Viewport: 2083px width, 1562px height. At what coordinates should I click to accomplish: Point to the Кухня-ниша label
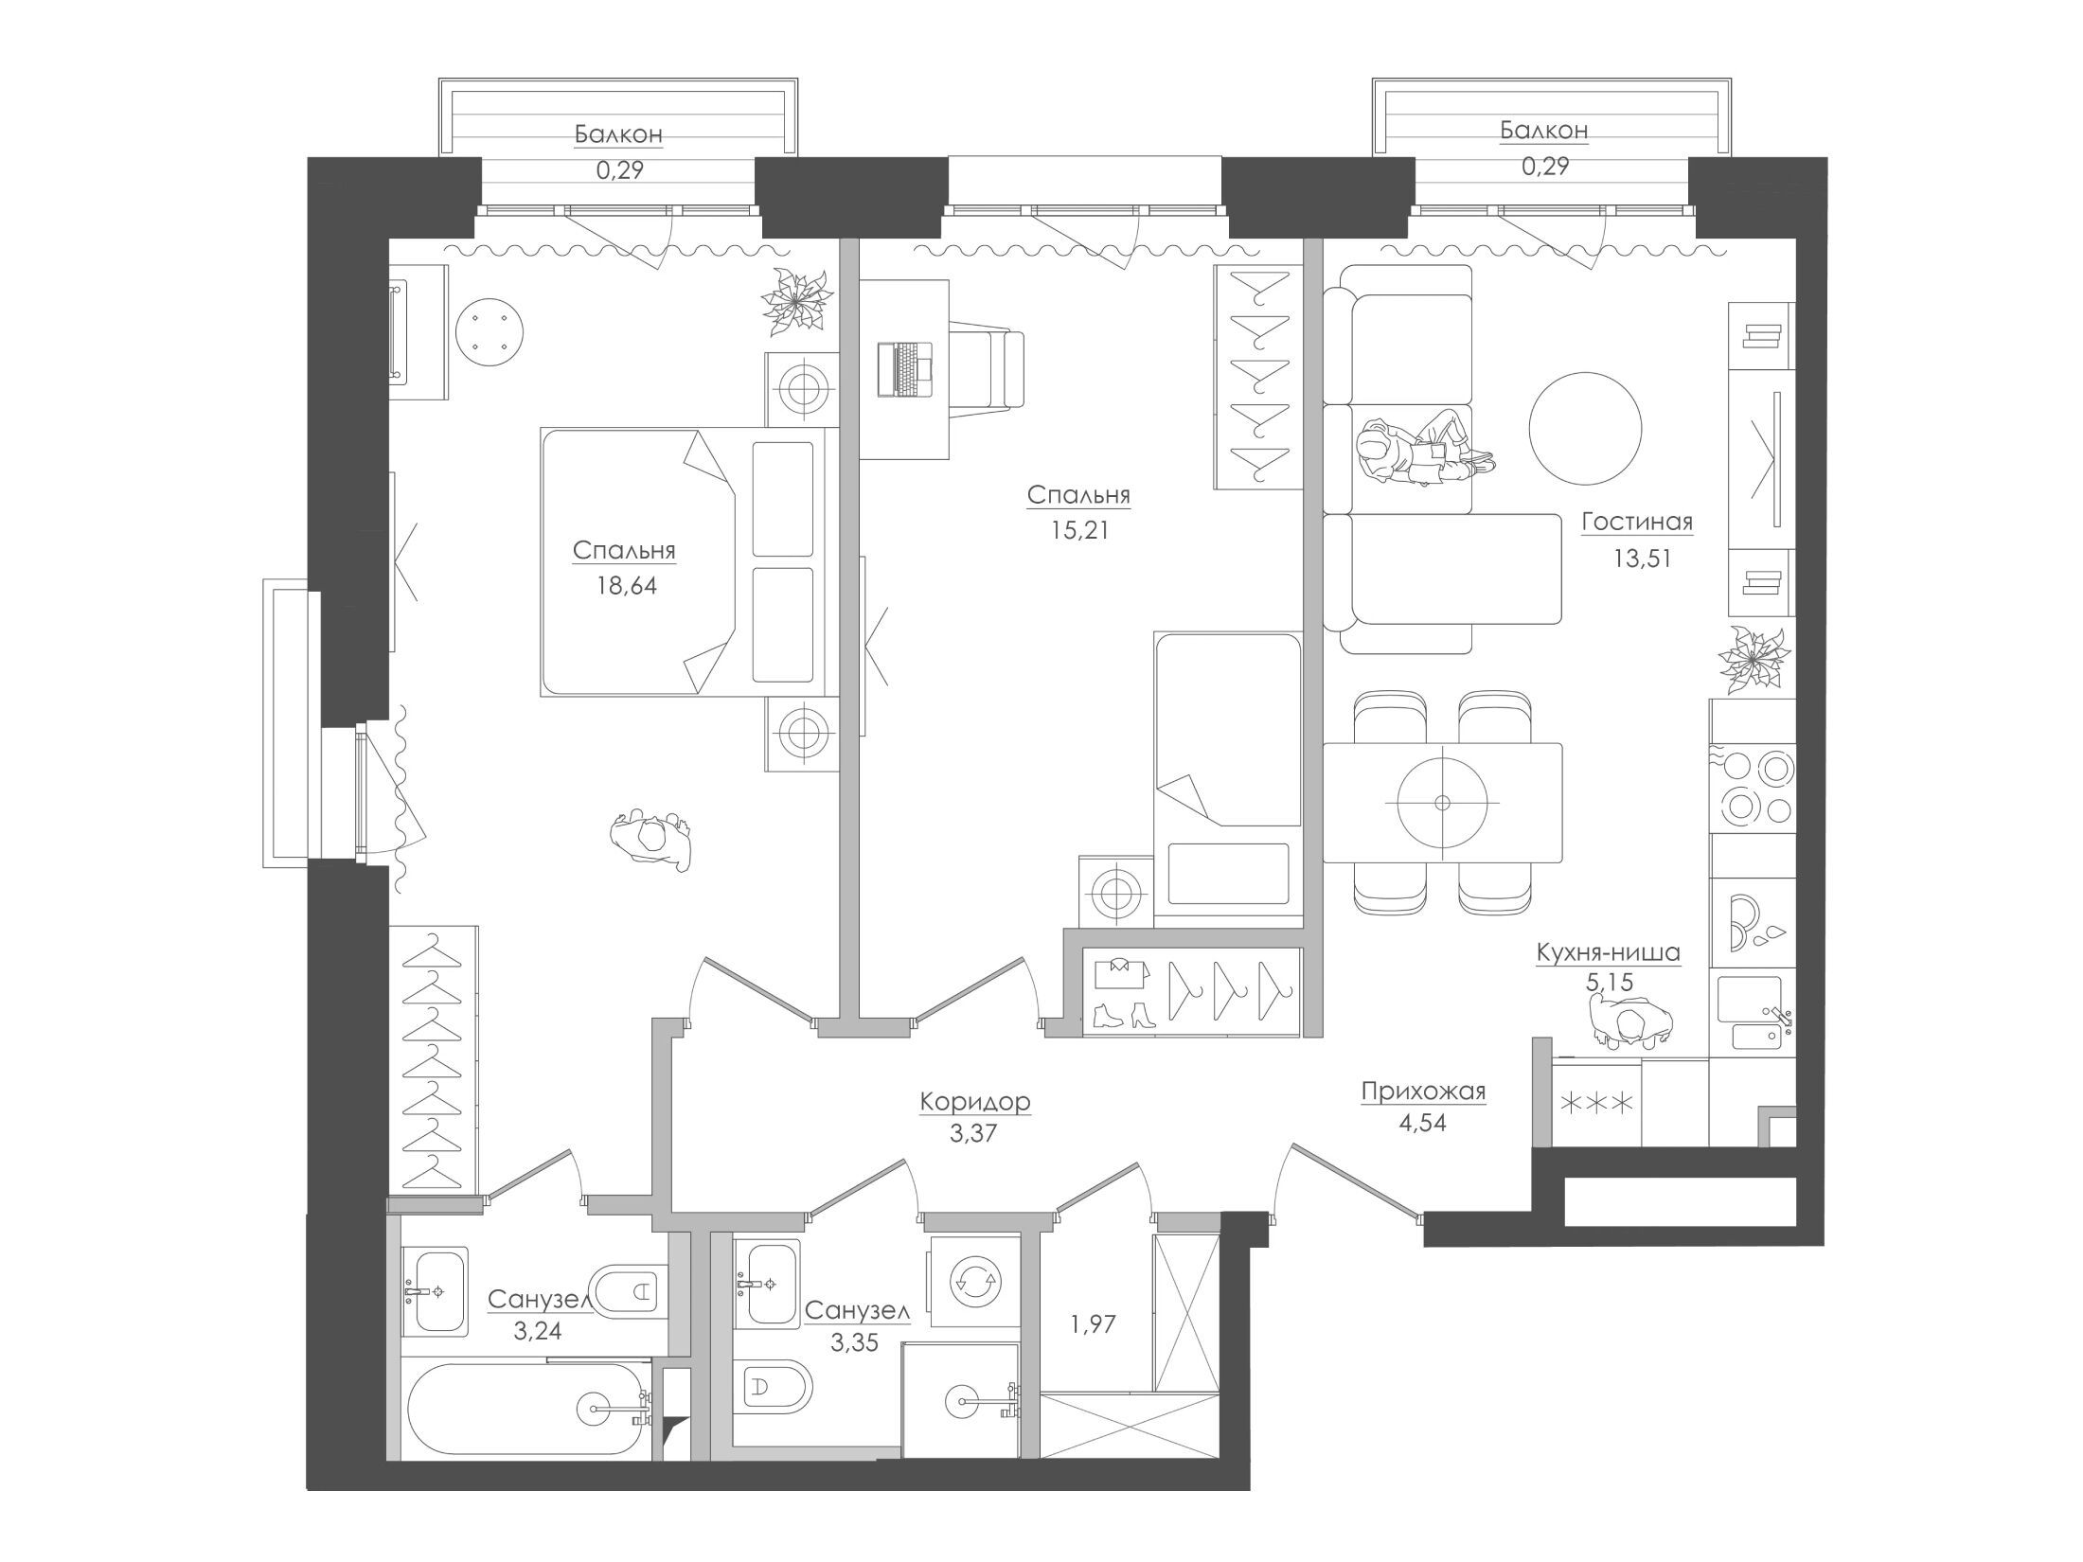1609,952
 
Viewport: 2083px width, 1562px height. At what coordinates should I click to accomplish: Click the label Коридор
975,1102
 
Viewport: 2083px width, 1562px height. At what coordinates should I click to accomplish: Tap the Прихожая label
1423,1092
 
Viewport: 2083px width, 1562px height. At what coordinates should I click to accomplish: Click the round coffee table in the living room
1583,427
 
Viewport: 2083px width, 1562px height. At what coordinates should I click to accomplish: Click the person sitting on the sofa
1422,450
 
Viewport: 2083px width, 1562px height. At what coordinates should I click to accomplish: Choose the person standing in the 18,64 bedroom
653,838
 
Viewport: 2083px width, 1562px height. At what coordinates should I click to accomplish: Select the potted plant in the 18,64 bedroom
798,300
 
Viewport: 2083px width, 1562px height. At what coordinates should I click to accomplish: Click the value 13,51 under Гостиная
1642,559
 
